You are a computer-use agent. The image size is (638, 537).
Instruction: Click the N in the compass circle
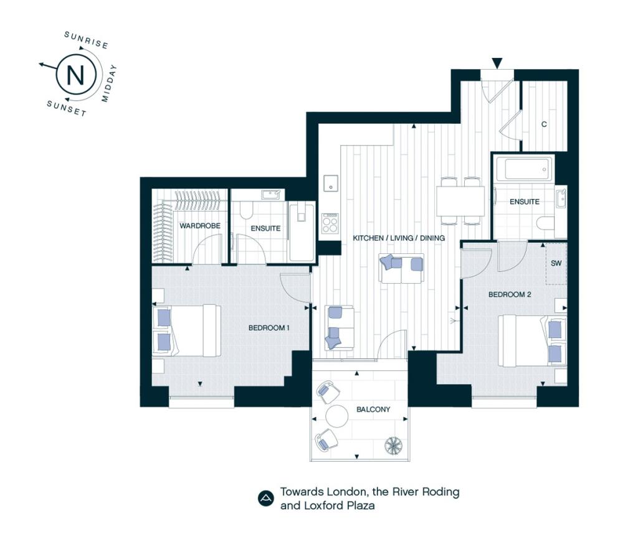[x=75, y=75]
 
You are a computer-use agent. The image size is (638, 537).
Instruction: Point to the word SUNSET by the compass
[x=67, y=108]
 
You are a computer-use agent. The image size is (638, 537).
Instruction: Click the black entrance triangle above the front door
[x=497, y=63]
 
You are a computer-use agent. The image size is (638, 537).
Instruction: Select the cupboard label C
[x=544, y=124]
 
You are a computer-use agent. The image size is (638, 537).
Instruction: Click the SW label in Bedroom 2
[x=556, y=263]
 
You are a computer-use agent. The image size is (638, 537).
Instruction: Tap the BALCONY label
[x=373, y=409]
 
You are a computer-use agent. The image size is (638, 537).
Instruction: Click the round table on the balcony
[x=337, y=416]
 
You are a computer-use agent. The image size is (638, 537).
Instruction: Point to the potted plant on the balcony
[x=394, y=445]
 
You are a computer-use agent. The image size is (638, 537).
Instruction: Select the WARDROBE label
[x=200, y=226]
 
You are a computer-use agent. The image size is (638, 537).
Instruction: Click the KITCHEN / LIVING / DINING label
[x=399, y=238]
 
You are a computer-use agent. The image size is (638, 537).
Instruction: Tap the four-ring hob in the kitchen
[x=330, y=223]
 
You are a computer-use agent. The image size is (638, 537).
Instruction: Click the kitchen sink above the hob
[x=331, y=183]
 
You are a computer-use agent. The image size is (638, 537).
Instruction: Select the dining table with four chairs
[x=460, y=201]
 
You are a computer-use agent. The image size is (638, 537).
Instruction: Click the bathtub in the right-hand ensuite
[x=523, y=169]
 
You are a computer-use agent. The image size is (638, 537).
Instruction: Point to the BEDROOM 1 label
[x=269, y=328]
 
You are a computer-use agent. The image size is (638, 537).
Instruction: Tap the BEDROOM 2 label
[x=510, y=294]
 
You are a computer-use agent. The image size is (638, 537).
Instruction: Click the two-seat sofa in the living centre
[x=401, y=268]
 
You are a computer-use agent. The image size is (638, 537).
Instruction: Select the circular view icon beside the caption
[x=265, y=498]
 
